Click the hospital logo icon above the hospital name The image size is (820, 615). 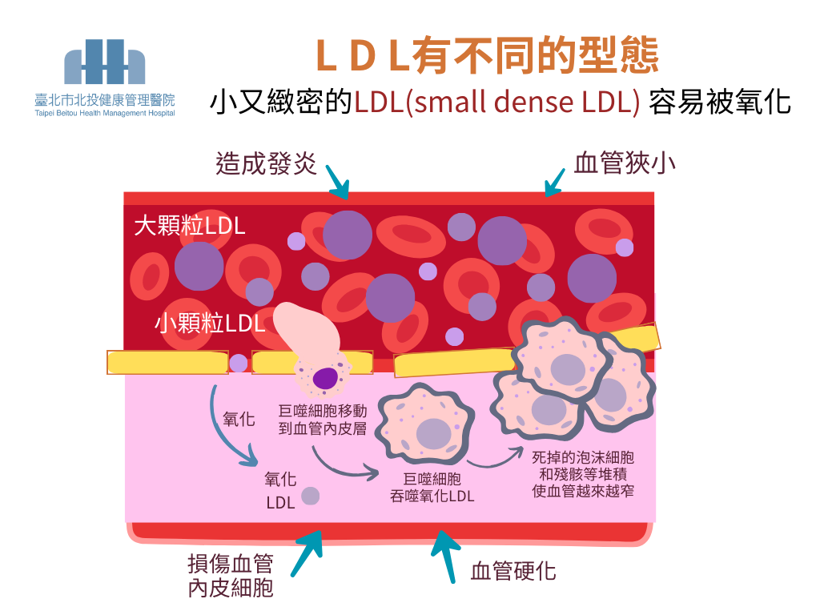tap(105, 62)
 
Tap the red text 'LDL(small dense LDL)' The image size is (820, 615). tap(497, 102)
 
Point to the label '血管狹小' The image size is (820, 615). tap(625, 163)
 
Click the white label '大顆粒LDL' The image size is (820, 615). tap(190, 225)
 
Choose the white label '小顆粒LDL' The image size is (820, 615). tap(210, 323)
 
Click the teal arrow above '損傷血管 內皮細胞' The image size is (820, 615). tap(307, 553)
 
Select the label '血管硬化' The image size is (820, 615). tap(513, 571)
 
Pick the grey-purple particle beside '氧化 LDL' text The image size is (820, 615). tap(310, 496)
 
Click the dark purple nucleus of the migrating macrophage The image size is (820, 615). tap(325, 378)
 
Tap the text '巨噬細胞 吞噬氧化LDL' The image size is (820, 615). tap(432, 488)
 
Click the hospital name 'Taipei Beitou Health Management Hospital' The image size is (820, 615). tap(105, 113)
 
